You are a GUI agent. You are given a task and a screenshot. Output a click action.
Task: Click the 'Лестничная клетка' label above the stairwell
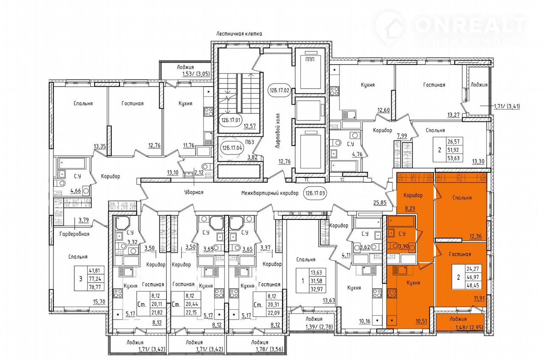point(239,34)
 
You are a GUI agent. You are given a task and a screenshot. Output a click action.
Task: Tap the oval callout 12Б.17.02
point(279,90)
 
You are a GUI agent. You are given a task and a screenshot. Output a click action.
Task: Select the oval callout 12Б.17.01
point(230,120)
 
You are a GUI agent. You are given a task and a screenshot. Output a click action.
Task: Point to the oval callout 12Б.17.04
point(232,148)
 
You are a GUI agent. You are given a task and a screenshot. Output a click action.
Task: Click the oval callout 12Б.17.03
point(315,193)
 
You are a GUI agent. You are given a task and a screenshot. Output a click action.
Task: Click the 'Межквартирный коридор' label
point(270,193)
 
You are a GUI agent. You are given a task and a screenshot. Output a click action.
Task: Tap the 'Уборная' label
point(194,192)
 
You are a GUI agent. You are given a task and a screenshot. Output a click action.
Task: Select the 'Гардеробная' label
point(74,234)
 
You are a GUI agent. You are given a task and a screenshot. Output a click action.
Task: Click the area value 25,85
point(380,202)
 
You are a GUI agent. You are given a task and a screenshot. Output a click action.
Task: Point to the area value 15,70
point(99,301)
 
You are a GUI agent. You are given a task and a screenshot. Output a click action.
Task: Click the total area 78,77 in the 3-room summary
point(96,287)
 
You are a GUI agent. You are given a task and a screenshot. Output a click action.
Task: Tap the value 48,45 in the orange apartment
point(473,286)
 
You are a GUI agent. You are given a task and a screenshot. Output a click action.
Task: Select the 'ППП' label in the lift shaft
point(310,59)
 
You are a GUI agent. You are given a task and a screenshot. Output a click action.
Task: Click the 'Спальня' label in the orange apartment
point(462,198)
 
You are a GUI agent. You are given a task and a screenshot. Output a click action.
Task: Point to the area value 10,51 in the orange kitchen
point(422,321)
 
